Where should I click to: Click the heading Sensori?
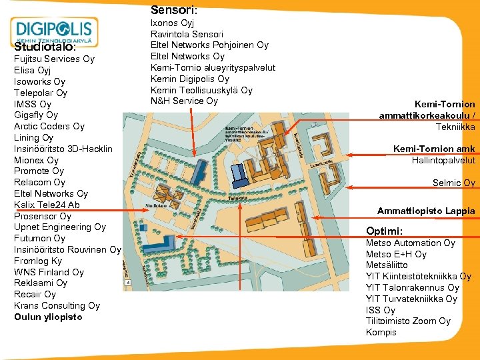(x=173, y=10)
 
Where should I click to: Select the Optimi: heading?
(x=384, y=231)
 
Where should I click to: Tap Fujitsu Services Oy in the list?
(x=54, y=59)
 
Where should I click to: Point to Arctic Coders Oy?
(x=49, y=126)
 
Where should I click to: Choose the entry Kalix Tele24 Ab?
(x=47, y=205)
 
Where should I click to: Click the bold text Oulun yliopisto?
(x=48, y=317)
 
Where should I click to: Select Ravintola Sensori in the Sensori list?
(x=187, y=34)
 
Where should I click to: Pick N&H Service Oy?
(x=184, y=101)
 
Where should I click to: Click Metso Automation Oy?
(x=410, y=243)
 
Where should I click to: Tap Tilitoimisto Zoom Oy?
(x=408, y=321)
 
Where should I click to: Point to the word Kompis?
(x=381, y=333)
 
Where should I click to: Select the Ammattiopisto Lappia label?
(x=426, y=211)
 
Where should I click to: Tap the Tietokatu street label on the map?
(x=237, y=198)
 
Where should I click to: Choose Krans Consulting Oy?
(x=57, y=305)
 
